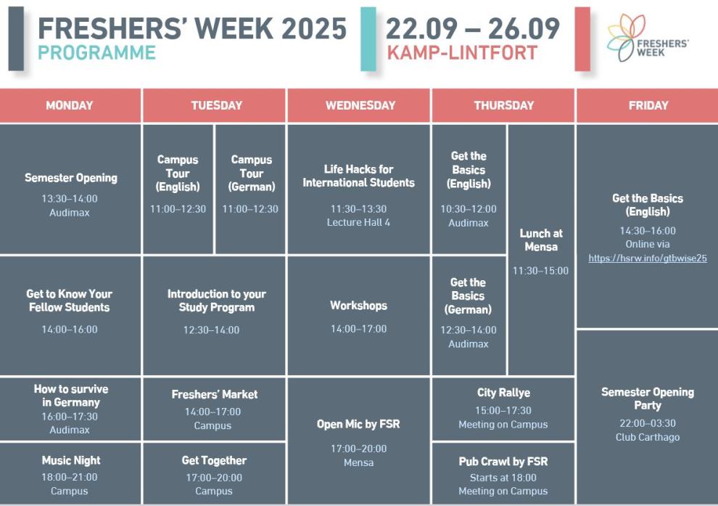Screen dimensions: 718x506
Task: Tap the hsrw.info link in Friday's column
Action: [648, 258]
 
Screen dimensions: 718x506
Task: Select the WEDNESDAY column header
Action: [360, 105]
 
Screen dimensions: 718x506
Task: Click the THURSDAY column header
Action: [504, 105]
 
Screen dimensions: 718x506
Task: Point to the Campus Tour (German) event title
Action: [252, 174]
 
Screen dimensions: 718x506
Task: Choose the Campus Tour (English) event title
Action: [178, 174]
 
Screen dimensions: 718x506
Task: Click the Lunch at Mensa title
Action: [541, 240]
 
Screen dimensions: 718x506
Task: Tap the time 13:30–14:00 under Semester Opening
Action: [70, 198]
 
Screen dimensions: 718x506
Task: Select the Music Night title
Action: [71, 460]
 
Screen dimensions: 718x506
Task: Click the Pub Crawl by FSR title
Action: [503, 462]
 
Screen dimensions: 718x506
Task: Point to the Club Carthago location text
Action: [648, 437]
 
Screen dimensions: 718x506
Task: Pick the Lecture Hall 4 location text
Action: [358, 222]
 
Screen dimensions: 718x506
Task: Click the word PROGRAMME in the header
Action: [96, 53]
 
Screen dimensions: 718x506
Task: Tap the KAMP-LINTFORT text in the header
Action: [462, 53]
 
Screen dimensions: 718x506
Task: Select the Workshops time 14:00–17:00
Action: [358, 329]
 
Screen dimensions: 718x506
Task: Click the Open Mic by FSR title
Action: [358, 424]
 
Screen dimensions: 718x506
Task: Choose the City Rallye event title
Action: [504, 393]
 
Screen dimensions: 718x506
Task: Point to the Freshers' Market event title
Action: [214, 394]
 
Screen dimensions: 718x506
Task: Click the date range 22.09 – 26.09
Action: [473, 28]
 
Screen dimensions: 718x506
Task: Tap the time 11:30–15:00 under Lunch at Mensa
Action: [540, 271]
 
